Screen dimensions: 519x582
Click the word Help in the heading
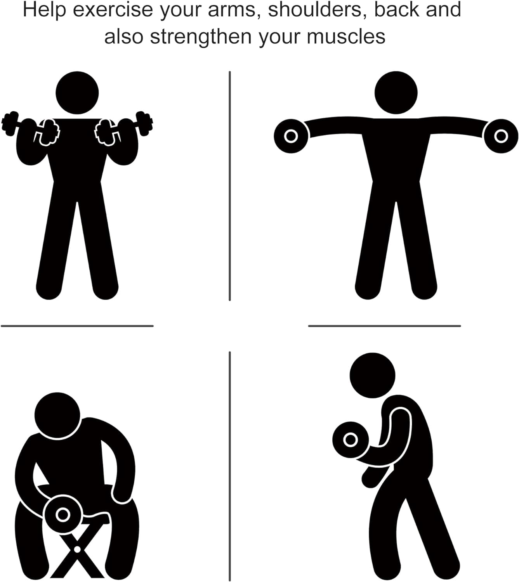point(44,10)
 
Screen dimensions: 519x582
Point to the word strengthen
point(201,37)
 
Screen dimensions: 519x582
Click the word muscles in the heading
point(346,37)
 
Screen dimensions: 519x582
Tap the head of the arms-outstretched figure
point(396,92)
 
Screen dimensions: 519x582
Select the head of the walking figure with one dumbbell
point(372,375)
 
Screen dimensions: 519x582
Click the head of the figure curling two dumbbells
point(77,92)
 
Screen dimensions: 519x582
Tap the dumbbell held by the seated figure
point(63,514)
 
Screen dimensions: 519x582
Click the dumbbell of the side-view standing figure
point(351,440)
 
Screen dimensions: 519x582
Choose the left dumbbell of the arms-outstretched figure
point(291,136)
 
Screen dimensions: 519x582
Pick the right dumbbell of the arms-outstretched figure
point(501,136)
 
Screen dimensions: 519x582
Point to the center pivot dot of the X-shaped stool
point(77,549)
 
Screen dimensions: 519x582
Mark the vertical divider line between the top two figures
point(230,186)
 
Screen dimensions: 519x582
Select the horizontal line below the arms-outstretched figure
point(385,326)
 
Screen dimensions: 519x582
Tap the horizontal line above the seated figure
point(77,326)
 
